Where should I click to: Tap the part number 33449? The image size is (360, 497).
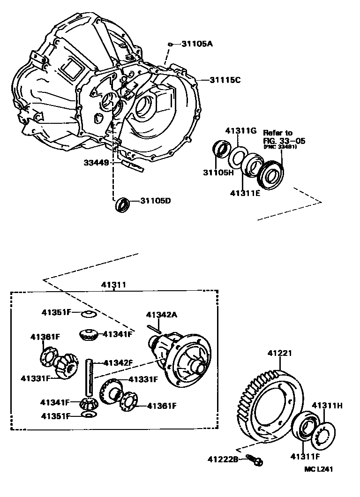97,163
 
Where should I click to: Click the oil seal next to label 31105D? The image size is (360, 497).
122,204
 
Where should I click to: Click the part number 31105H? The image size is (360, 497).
218,173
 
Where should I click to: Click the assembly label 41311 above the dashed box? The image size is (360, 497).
114,285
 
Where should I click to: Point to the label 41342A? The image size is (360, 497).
162,315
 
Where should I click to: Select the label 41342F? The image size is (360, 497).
118,362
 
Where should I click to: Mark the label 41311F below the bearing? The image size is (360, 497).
306,456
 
